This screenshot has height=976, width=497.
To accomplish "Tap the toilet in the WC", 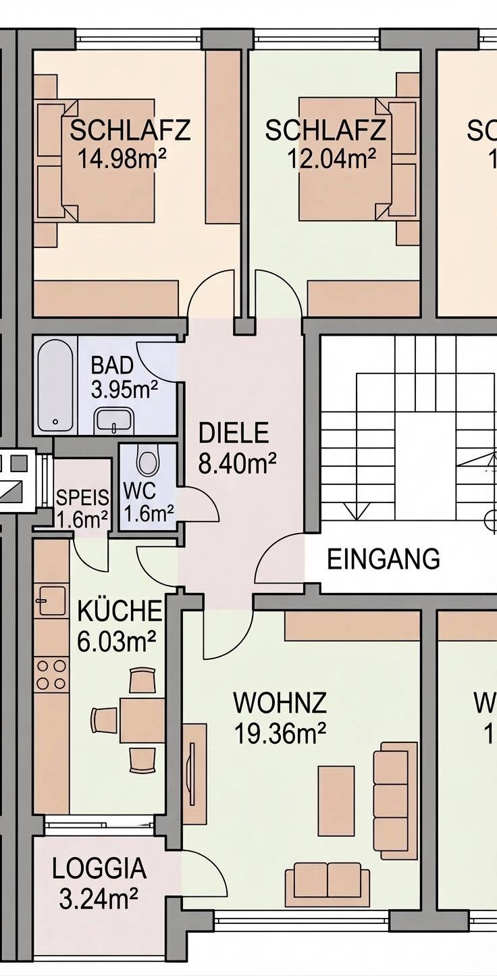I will click(147, 461).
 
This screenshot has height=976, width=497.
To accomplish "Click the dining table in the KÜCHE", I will click(142, 720).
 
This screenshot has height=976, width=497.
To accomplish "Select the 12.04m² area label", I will click(332, 159).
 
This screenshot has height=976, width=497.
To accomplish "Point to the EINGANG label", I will click(384, 559).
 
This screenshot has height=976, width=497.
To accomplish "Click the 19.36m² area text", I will click(280, 732).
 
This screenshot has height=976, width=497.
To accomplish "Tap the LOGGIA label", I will click(99, 869).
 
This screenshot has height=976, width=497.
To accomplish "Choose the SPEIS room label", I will click(82, 498).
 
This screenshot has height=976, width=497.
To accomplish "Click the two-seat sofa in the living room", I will click(328, 883).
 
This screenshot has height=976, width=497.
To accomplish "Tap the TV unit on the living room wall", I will click(194, 774).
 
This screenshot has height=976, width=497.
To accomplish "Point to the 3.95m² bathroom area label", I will click(124, 390).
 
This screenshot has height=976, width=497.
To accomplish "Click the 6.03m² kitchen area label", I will click(117, 642).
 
